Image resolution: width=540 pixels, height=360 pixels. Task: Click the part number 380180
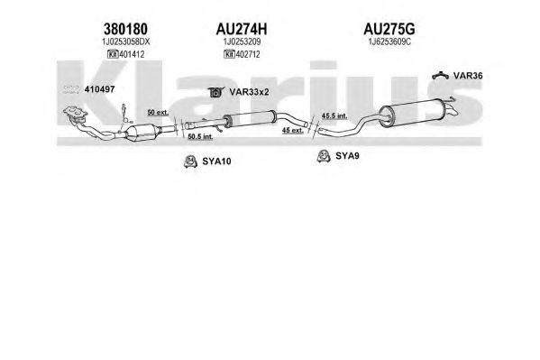point(125,29)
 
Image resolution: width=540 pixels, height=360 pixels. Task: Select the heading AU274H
point(242,29)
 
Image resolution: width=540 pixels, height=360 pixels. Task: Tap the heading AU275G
point(389,29)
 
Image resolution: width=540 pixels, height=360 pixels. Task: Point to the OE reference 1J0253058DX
point(125,42)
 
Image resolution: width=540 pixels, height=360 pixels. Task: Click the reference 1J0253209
point(242,42)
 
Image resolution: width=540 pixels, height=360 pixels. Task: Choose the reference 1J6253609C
point(389,42)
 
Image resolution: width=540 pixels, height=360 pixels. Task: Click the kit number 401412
point(132,54)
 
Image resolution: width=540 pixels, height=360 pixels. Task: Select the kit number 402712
point(248,54)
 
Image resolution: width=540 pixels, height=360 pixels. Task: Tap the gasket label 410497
point(99,89)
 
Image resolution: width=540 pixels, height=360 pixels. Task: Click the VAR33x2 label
point(249,92)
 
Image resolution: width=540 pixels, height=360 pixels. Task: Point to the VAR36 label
point(468,76)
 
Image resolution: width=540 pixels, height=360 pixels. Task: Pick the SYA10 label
point(216,162)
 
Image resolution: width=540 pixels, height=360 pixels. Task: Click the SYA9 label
point(347,156)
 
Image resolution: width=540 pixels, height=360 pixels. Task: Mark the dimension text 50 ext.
point(158,113)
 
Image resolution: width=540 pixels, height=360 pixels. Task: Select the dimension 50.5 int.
point(200,136)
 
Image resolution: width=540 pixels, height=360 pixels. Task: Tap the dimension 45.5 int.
point(334,115)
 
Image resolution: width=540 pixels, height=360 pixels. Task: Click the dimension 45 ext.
point(293,130)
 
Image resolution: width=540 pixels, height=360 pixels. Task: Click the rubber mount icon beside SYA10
point(190,162)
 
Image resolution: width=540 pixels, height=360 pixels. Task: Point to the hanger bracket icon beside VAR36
point(441,75)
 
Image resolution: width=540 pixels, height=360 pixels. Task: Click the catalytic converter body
point(142,132)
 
